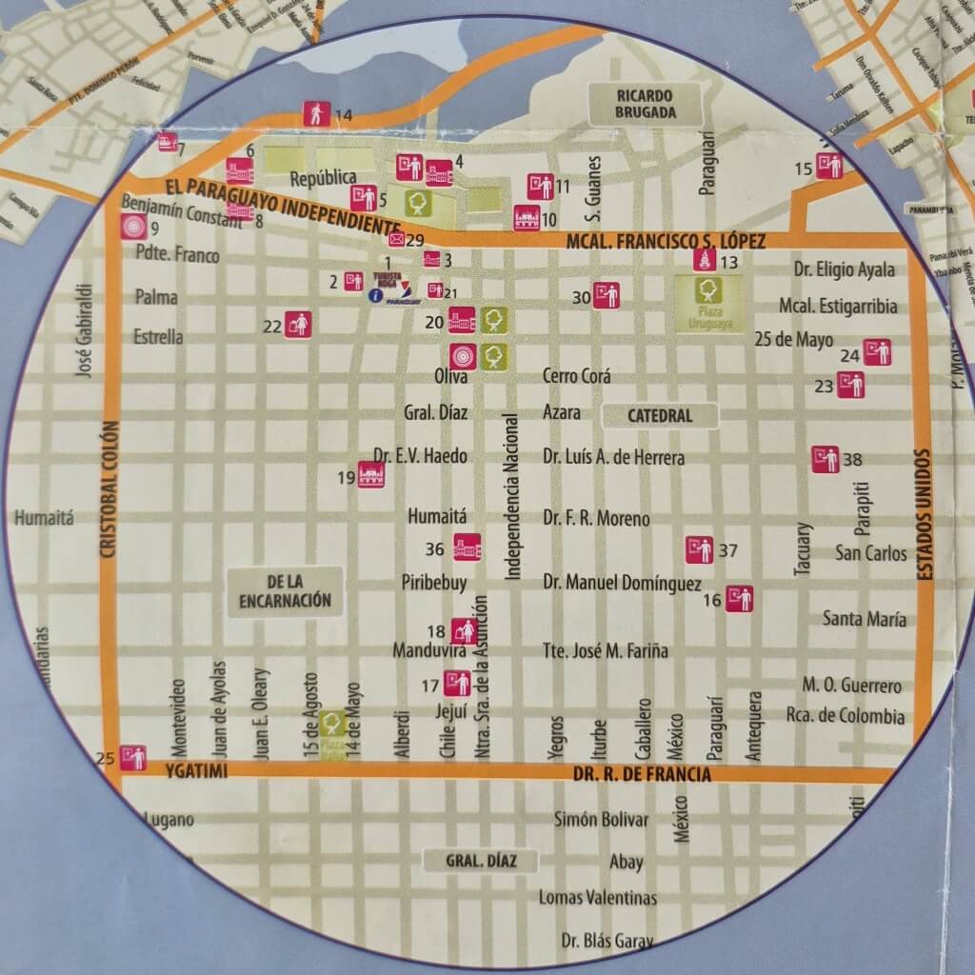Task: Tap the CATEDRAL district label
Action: click(x=660, y=416)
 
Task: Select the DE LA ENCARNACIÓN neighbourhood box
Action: click(x=286, y=589)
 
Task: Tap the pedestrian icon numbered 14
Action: click(x=316, y=113)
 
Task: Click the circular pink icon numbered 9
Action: click(x=132, y=228)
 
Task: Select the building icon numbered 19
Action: click(x=371, y=475)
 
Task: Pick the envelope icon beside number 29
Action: click(x=396, y=240)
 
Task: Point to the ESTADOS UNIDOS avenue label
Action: click(x=921, y=514)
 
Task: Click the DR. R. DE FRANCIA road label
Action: click(x=642, y=775)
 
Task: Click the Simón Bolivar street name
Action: click(x=601, y=820)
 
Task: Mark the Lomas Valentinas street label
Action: click(x=597, y=898)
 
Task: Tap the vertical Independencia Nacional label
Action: click(x=512, y=497)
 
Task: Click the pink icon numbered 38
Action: click(x=825, y=459)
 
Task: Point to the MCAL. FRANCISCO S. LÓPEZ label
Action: click(x=665, y=242)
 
